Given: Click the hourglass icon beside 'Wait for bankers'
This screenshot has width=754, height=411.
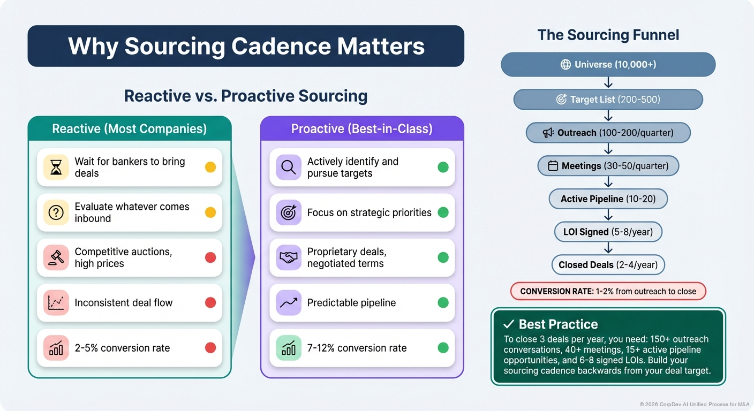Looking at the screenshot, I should point(56,168).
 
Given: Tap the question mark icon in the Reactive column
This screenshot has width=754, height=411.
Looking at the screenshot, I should point(56,212).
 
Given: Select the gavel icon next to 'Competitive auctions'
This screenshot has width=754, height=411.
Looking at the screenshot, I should point(56,257).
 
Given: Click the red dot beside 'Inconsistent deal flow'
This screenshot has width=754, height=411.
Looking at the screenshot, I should point(210,303).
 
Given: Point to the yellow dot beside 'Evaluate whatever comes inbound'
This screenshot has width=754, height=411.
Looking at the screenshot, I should point(210,212).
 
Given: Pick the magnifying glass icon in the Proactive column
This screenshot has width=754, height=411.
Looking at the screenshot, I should point(289,168).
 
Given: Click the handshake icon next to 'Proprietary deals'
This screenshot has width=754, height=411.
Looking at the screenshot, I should point(289,257).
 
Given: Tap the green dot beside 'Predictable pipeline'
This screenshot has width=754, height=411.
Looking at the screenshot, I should point(443,303).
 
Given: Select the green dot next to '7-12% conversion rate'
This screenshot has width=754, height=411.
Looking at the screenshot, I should point(443,348).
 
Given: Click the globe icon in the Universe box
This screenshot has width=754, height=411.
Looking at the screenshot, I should point(565,65).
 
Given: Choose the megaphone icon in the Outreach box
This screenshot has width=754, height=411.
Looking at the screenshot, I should point(548,133).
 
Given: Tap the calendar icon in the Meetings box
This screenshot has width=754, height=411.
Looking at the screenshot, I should point(553,166).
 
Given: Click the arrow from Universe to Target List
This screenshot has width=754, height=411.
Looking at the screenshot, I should point(608,82).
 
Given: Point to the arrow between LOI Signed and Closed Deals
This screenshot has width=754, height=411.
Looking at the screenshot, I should point(608,248).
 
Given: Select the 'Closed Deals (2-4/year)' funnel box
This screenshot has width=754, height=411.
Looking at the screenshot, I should point(608,265).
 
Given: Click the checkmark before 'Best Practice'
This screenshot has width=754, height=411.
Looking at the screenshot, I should point(509,324).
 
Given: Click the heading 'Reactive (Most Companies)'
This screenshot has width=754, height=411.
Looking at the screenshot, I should point(129,129).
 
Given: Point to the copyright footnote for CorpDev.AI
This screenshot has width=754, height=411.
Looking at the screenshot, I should point(695,404).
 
